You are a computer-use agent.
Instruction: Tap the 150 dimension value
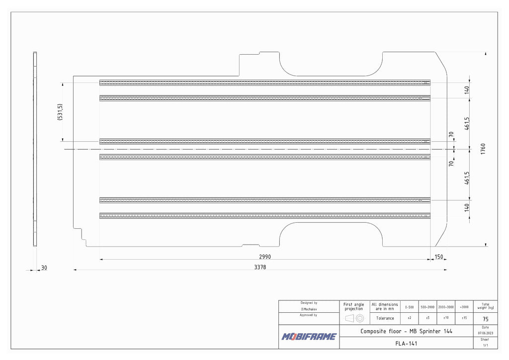pos(438,257)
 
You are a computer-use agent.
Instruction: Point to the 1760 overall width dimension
pos(483,149)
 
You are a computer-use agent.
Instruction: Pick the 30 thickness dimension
pos(44,268)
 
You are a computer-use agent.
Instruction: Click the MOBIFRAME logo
pos(309,337)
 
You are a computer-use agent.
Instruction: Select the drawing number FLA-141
pos(406,343)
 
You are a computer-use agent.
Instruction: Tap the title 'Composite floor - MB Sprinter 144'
pos(406,331)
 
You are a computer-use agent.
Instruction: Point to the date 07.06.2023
pos(485,333)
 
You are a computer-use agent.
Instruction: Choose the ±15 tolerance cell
pos(464,318)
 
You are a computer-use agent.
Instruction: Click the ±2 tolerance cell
pos(409,318)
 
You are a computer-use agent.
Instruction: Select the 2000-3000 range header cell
pos(446,307)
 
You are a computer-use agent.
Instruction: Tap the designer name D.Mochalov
pos(309,309)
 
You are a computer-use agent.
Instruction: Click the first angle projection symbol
pos(354,318)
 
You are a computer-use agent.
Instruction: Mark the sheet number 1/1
pos(485,345)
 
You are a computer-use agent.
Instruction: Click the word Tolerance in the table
pos(385,318)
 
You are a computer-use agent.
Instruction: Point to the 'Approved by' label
pos(309,315)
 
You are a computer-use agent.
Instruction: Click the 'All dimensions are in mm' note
pos(385,307)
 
